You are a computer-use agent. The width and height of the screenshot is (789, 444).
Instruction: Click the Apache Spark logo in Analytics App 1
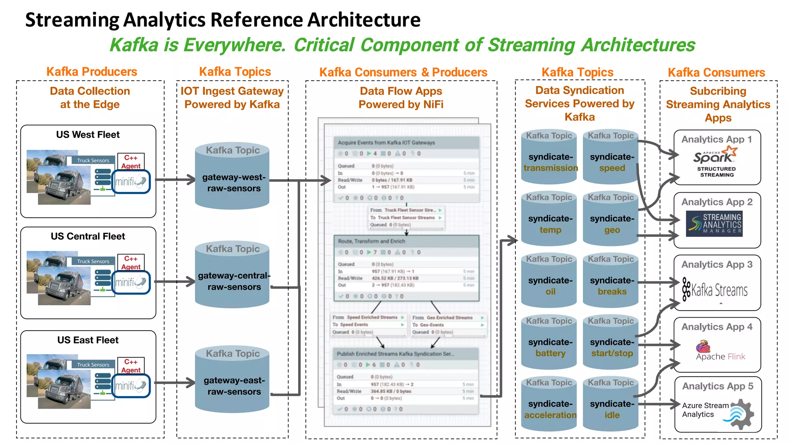(715, 156)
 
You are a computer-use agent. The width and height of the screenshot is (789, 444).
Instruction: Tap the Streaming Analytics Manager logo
(714, 224)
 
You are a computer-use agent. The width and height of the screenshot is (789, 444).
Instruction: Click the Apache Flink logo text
(720, 356)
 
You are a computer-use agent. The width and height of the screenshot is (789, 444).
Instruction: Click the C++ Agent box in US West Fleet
(131, 162)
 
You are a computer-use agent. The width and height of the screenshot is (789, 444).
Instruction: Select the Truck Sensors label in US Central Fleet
(93, 261)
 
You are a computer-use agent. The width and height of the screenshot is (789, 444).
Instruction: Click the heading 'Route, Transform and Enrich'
(371, 241)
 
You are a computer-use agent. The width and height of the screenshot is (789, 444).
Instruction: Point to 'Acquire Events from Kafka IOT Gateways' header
(386, 143)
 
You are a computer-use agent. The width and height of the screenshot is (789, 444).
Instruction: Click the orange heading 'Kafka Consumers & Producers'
(403, 72)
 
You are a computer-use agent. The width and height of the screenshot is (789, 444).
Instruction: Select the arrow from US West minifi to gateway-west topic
(175, 180)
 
